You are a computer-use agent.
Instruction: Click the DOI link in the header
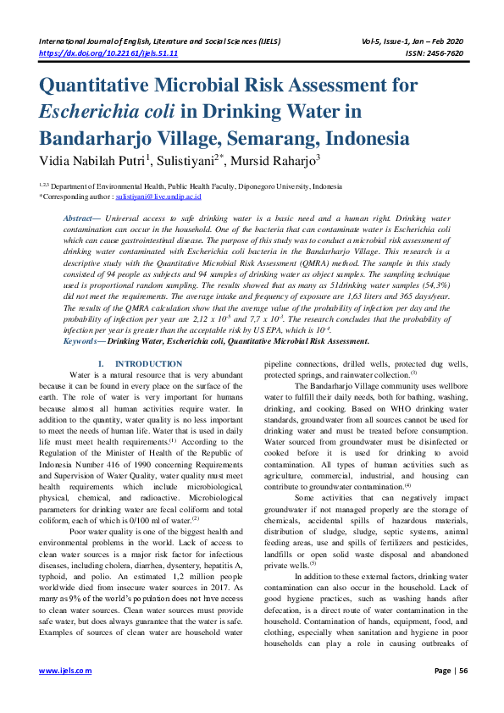tap(108, 53)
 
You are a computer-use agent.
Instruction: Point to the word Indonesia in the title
tap(367, 137)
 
